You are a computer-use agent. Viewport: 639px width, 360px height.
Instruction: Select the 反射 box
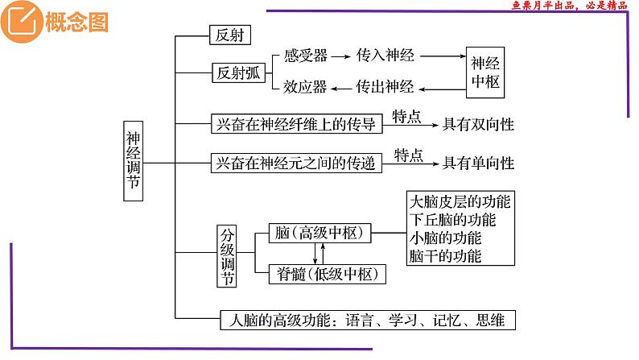pyautogui.click(x=230, y=35)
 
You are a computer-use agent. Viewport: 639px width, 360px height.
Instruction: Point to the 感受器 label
pyautogui.click(x=305, y=56)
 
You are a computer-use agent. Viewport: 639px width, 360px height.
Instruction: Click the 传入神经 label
pyautogui.click(x=385, y=56)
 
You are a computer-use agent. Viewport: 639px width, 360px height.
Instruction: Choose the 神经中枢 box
pyautogui.click(x=485, y=72)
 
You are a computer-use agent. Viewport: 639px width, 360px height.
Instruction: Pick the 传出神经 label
pyautogui.click(x=385, y=86)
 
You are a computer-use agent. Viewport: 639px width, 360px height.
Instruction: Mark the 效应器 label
pyautogui.click(x=305, y=86)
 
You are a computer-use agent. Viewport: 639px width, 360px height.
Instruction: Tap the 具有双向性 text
pyautogui.click(x=480, y=124)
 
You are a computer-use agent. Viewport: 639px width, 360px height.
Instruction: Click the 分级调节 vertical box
pyautogui.click(x=228, y=255)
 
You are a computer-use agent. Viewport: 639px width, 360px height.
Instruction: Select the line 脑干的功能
pyautogui.click(x=445, y=257)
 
